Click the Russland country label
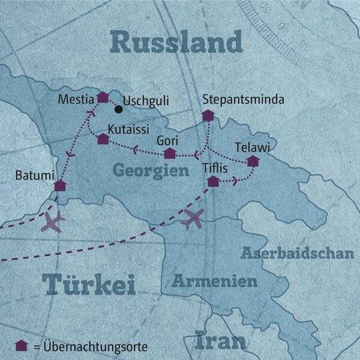(x=176, y=43)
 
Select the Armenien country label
(x=215, y=281)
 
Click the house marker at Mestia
(x=103, y=97)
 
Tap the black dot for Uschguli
(x=119, y=109)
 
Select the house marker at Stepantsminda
(x=208, y=115)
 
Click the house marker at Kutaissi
(x=103, y=139)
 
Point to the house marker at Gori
(x=170, y=154)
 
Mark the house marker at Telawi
(x=253, y=161)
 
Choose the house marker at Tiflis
(x=212, y=181)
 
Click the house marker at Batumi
(x=59, y=185)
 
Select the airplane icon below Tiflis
(x=193, y=220)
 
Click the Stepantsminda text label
(x=243, y=99)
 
